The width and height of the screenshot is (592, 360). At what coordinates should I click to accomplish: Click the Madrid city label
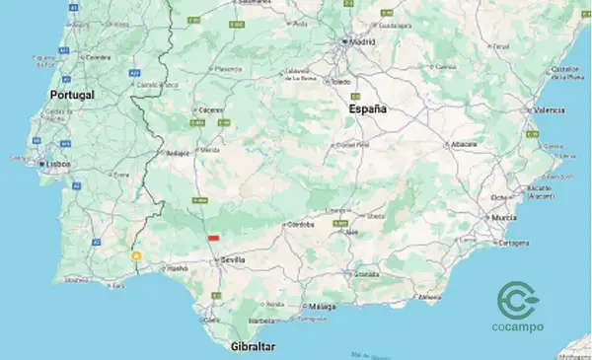point(362,42)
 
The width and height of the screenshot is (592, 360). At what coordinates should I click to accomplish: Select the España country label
point(368,109)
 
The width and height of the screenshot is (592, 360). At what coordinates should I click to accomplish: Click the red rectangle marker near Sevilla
point(213,238)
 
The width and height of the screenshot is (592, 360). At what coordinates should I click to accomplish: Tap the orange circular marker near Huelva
point(137,255)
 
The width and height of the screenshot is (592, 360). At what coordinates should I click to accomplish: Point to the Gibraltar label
point(251,347)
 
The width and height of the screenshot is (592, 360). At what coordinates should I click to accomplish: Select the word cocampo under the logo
point(517,327)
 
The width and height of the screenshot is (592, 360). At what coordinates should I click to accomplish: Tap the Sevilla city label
point(233,259)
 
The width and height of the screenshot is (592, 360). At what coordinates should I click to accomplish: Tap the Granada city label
point(366,273)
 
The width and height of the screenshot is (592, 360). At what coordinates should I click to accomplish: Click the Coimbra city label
point(97,57)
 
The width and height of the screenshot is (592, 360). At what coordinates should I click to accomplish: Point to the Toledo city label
point(341,82)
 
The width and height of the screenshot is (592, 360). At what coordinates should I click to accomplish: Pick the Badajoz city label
point(178,153)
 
